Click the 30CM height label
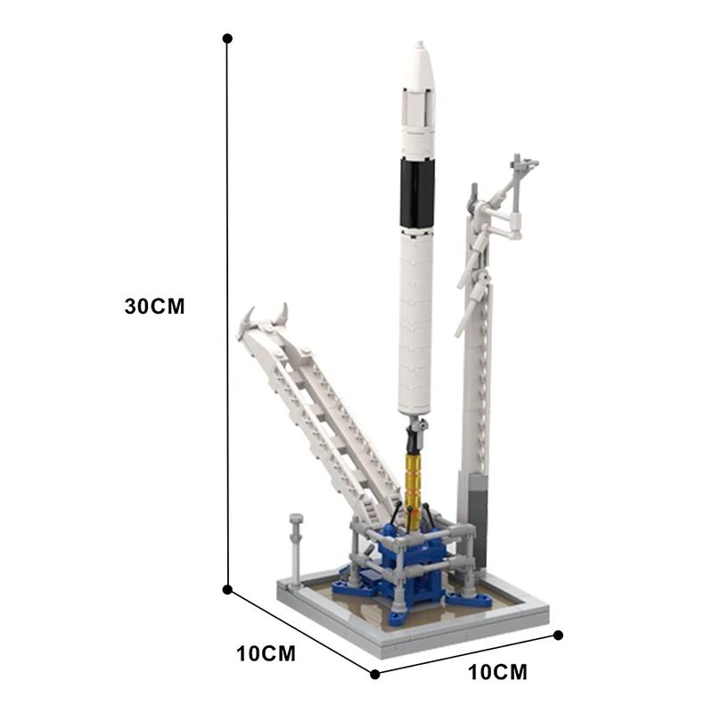tap(154, 306)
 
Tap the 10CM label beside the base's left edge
tap(266, 653)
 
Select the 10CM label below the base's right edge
tap(497, 671)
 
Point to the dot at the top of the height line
tap(227, 38)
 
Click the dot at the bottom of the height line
tap(227, 589)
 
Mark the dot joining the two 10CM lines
tap(374, 674)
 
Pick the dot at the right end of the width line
tap(559, 635)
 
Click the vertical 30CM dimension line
tap(227, 312)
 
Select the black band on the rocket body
tap(417, 193)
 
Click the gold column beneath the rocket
tap(414, 486)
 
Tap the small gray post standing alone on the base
tap(296, 544)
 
